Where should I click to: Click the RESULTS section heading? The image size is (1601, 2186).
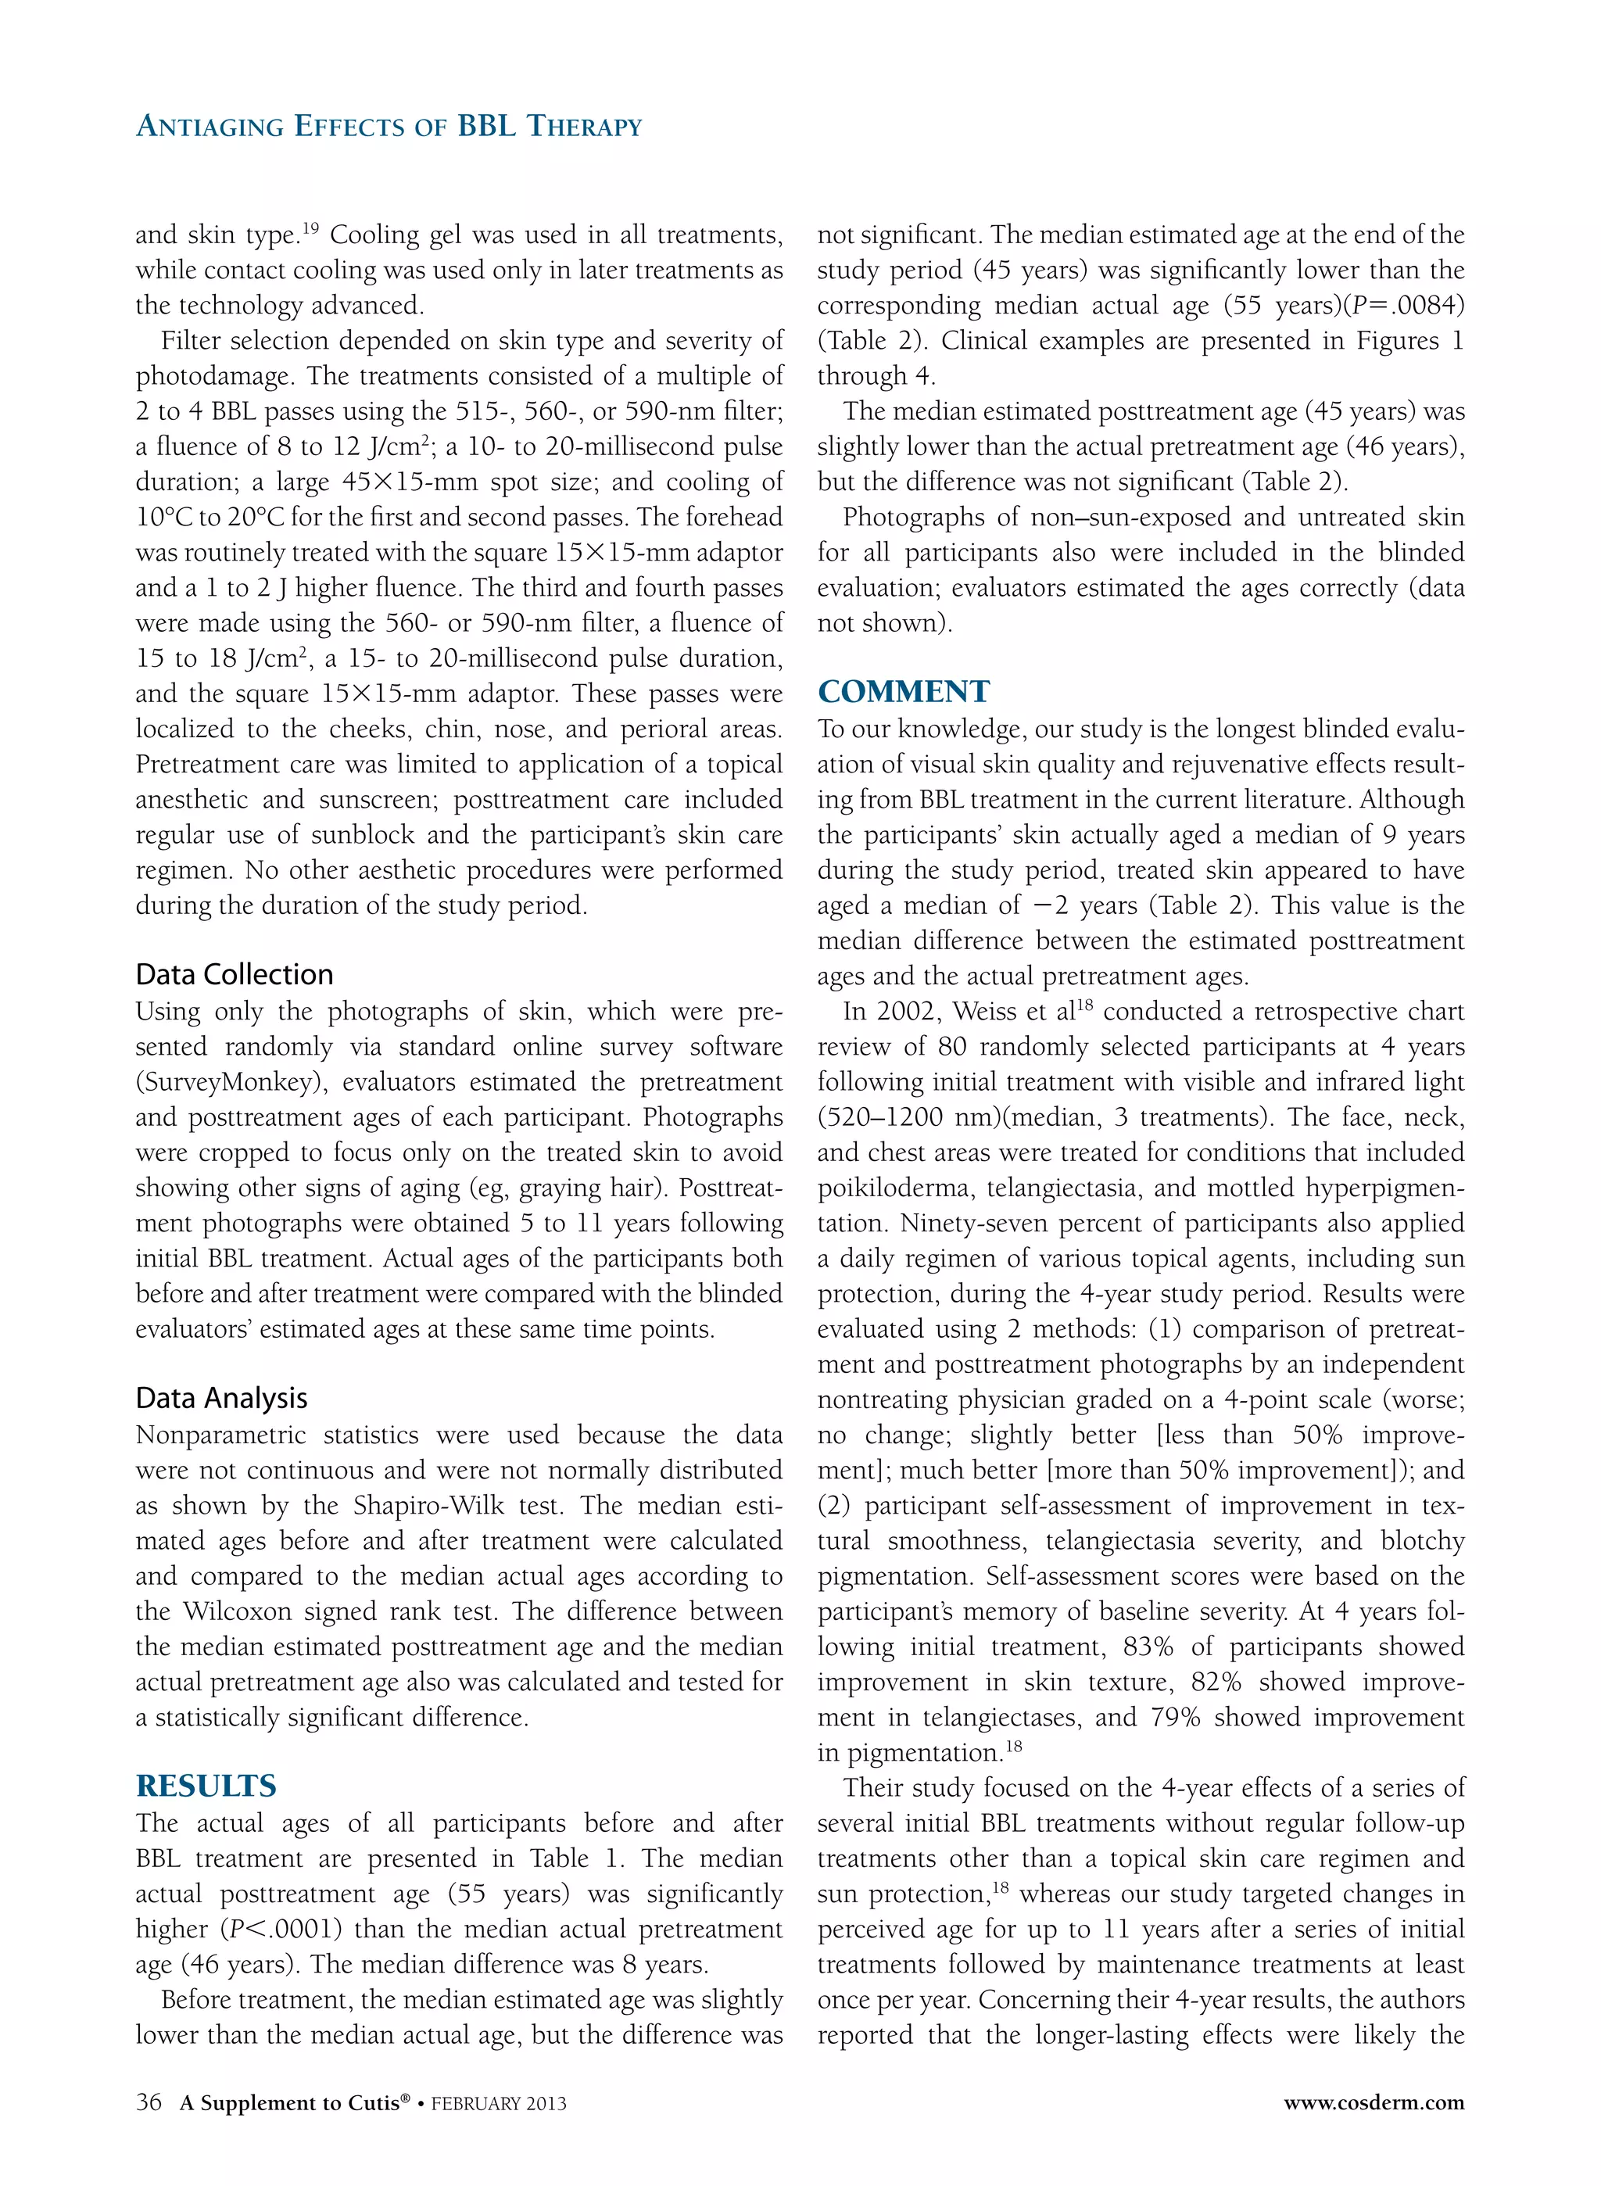click(206, 1786)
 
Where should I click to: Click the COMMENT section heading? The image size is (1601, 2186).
click(903, 692)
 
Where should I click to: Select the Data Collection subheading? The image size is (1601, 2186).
click(235, 974)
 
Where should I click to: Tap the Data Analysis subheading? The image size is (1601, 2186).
click(222, 1397)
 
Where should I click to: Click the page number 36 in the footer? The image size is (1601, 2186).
click(149, 2102)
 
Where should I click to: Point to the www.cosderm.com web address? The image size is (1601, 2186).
click(1374, 2102)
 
